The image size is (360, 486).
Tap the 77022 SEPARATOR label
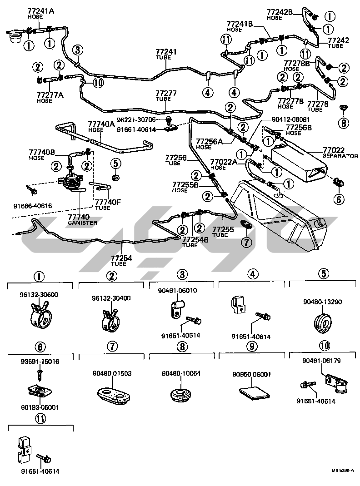click(340, 152)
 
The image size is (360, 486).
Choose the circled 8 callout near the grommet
click(343, 122)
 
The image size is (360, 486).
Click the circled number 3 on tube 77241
click(77, 50)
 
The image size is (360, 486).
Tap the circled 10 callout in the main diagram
click(98, 82)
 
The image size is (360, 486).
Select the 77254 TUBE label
click(121, 260)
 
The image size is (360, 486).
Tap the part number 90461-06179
click(321, 361)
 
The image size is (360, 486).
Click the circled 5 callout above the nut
click(115, 162)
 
